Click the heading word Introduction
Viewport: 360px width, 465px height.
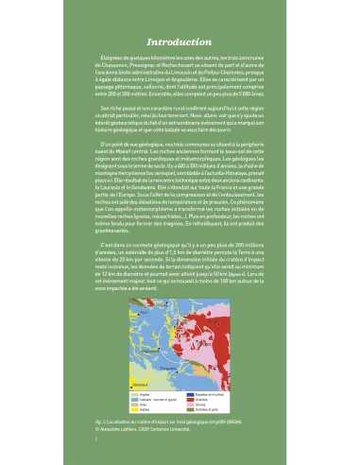click(x=180, y=43)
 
